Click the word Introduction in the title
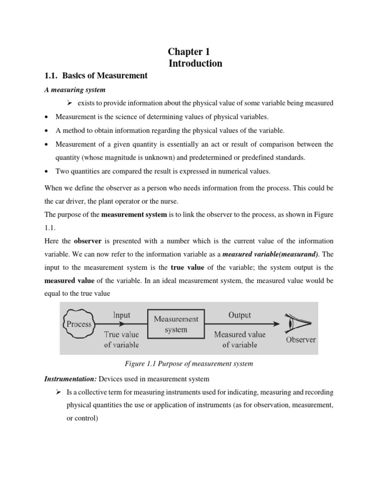195,63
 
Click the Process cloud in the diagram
79,324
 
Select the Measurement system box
176,324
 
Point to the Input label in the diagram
122,315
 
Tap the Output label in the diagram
240,315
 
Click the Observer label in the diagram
301,340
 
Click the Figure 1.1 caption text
189,364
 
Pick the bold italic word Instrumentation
70,378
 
